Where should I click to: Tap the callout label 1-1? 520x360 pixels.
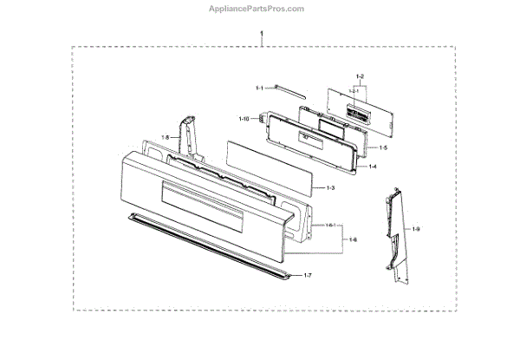coord(259,88)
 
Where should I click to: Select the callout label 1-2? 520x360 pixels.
coord(361,79)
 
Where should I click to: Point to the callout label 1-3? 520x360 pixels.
coord(330,187)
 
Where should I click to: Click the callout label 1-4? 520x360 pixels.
coord(373,167)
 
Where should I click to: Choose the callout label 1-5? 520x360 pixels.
coord(383,148)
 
